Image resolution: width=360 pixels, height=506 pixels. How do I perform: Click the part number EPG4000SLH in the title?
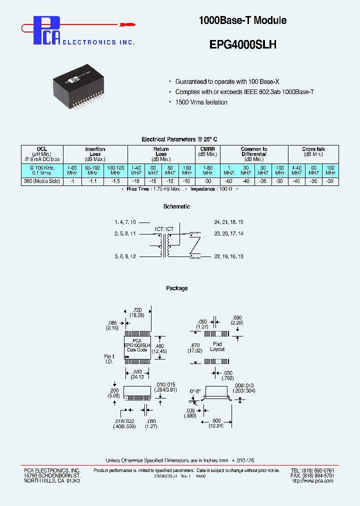point(242,44)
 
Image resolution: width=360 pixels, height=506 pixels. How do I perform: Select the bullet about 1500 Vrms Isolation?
point(201,102)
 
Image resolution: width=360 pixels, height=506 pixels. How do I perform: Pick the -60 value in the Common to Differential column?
point(228,181)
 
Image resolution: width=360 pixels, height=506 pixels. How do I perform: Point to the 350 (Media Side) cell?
point(42,181)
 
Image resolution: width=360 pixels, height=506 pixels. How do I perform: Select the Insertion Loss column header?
point(95,151)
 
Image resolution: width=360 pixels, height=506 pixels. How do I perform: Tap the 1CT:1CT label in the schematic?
point(164,228)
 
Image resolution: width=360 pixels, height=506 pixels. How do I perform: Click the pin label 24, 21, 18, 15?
point(229,221)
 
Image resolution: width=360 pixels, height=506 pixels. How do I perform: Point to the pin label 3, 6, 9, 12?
point(125,256)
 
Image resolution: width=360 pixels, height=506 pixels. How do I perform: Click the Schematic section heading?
point(176,206)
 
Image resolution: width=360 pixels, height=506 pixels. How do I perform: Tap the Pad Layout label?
point(217,346)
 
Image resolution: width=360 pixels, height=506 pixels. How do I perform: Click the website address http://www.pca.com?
point(313,481)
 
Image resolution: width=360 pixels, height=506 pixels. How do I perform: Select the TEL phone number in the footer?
point(313,470)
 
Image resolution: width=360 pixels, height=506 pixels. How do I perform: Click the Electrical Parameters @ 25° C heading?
point(179,139)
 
